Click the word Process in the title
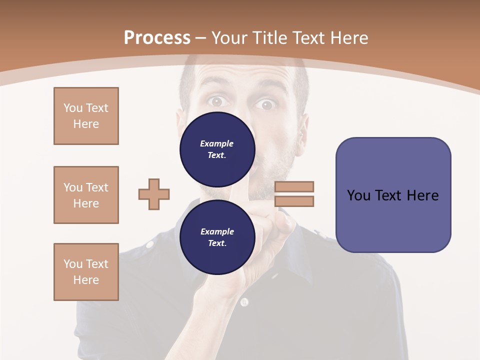coord(157,37)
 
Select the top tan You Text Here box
coord(86,116)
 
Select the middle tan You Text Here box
coord(86,195)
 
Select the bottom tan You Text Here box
coord(86,272)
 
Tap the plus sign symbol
coord(154,194)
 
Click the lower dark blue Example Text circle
coord(217,237)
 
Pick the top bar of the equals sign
coord(294,186)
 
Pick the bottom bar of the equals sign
coord(294,201)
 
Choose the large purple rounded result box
coord(393,195)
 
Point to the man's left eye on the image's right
coord(266,104)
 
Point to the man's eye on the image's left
coord(216,101)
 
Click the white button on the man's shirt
coord(243,302)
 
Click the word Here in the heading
coord(348,37)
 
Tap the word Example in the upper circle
coord(216,143)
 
